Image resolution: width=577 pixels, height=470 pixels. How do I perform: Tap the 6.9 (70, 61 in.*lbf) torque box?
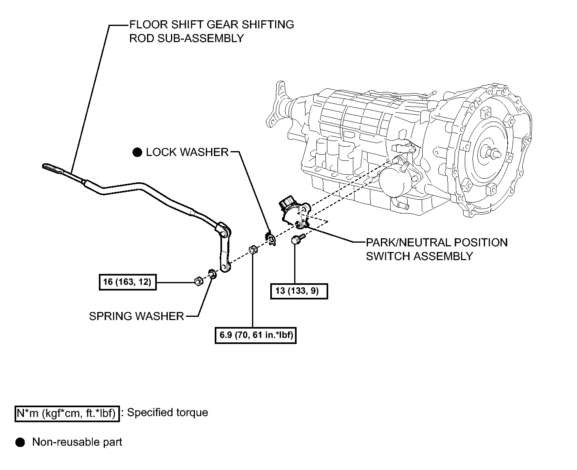pos(255,335)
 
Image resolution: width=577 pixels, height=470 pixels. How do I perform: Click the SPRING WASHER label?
pos(137,316)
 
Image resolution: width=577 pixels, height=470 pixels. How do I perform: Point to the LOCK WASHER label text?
pos(187,152)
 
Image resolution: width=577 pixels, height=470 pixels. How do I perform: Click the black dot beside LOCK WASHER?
pos(137,152)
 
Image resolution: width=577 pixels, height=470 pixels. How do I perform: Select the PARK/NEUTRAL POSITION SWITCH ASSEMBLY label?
pos(437,249)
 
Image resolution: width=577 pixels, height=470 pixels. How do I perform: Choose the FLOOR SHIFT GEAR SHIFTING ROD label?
pos(212,32)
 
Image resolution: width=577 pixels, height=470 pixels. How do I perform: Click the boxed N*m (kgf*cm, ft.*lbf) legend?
pos(67,413)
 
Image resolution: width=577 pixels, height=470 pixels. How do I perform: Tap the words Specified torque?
pos(167,412)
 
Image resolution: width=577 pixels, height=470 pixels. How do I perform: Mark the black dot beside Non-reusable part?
pos(20,442)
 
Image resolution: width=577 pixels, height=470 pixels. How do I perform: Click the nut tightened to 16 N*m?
pos(199,281)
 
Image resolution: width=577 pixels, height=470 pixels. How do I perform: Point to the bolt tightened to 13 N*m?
pos(297,240)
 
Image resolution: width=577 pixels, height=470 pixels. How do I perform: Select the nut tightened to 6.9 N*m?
pos(253,250)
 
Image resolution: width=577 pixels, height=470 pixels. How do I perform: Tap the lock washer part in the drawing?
pos(271,238)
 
